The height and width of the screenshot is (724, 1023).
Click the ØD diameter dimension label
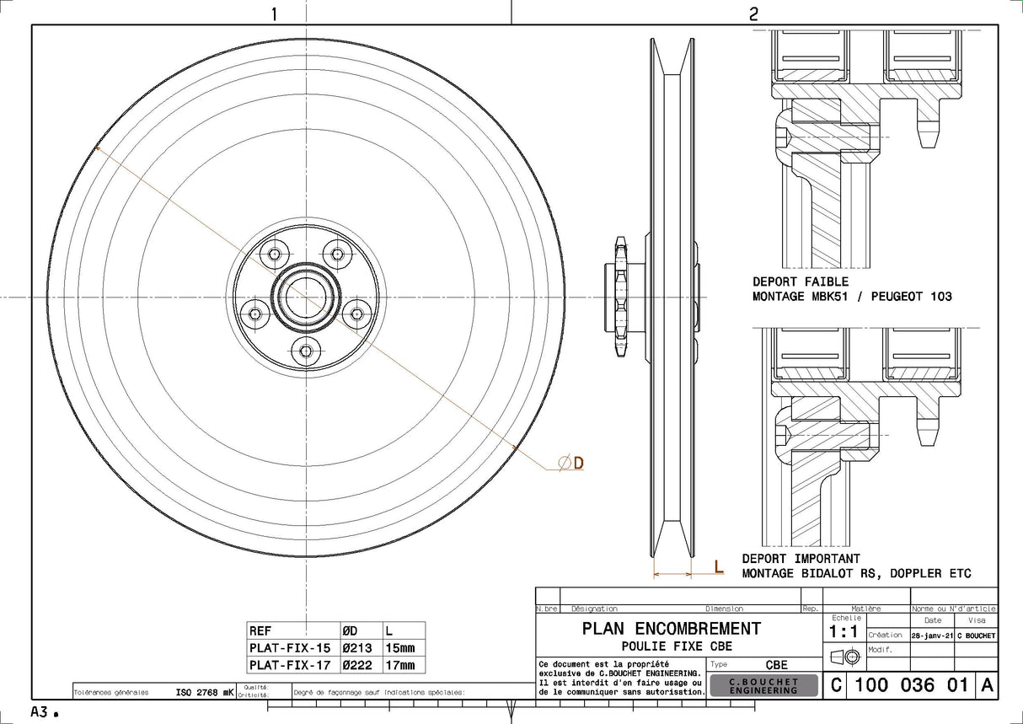pyautogui.click(x=572, y=462)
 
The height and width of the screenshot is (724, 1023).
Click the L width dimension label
pyautogui.click(x=718, y=567)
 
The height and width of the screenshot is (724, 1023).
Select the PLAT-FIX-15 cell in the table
pyautogui.click(x=290, y=648)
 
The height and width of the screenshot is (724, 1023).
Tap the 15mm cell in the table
pyautogui.click(x=400, y=648)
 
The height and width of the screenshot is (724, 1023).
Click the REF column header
pyautogui.click(x=260, y=630)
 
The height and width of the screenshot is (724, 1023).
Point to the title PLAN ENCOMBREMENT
pyautogui.click(x=671, y=629)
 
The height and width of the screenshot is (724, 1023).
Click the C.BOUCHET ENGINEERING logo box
pyautogui.click(x=763, y=685)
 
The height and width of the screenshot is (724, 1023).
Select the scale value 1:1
pyautogui.click(x=844, y=632)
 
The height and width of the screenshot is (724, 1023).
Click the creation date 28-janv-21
pyautogui.click(x=931, y=636)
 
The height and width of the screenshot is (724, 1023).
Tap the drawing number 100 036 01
pyautogui.click(x=911, y=685)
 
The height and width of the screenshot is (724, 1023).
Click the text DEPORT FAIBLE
pyautogui.click(x=801, y=282)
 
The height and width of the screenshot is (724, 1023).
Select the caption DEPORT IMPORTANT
pyautogui.click(x=801, y=559)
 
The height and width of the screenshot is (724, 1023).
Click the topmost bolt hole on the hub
pyautogui.click(x=338, y=254)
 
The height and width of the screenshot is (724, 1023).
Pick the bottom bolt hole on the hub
pyautogui.click(x=306, y=351)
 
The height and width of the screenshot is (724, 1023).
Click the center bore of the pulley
pyautogui.click(x=306, y=298)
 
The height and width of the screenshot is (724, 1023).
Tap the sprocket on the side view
pyautogui.click(x=620, y=298)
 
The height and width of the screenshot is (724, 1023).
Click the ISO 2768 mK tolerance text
pyautogui.click(x=205, y=692)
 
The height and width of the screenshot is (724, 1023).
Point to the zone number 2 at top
pyautogui.click(x=753, y=13)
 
